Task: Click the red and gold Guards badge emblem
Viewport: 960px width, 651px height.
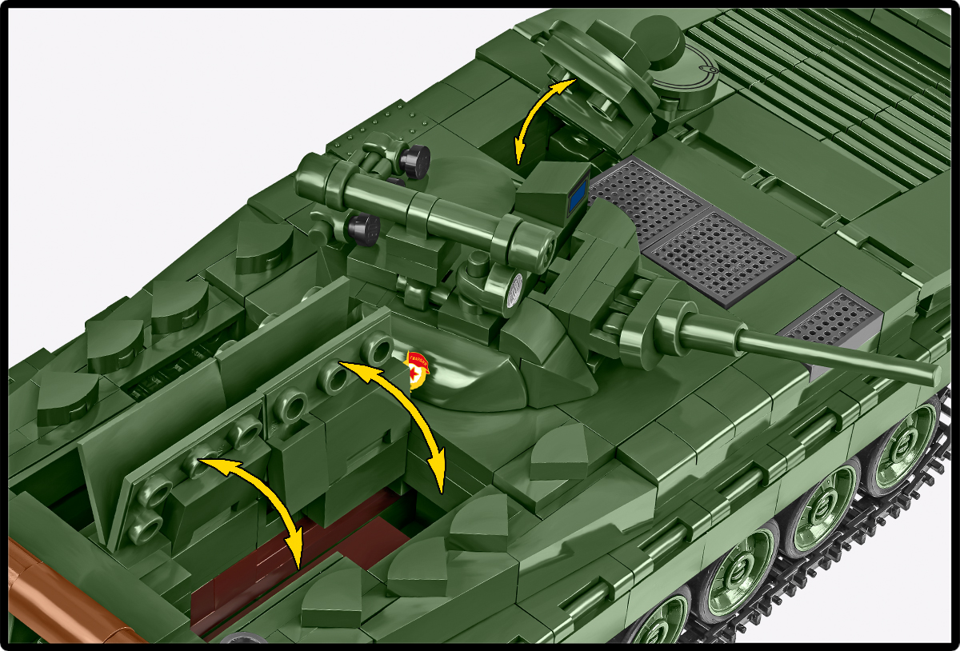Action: (x=418, y=369)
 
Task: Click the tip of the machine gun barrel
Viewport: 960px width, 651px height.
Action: (x=931, y=374)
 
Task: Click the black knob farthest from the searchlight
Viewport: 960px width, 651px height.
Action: (x=416, y=160)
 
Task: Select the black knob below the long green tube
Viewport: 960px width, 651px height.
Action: (x=365, y=229)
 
